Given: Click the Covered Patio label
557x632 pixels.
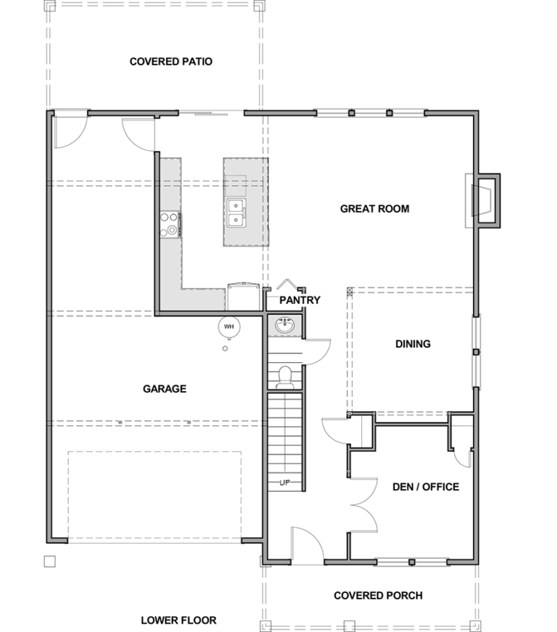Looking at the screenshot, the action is (170, 62).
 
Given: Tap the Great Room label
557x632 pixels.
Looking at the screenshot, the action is (374, 209).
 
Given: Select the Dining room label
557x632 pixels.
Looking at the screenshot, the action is (413, 344).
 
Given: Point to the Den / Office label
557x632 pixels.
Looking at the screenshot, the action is (426, 487).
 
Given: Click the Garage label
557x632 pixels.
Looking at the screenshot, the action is (165, 389).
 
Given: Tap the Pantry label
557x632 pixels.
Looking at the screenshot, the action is (300, 300).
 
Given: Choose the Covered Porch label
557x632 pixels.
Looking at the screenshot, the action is (378, 596).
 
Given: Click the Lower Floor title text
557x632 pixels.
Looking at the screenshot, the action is (178, 620).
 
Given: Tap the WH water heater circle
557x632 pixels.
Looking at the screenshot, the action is (228, 327).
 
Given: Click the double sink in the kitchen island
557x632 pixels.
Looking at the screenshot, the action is (236, 213).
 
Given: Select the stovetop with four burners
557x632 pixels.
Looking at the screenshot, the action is (170, 224).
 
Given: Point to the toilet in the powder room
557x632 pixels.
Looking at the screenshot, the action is (285, 377).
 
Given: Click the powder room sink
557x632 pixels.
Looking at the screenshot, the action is (285, 326).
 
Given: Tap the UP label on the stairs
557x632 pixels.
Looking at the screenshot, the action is (285, 483).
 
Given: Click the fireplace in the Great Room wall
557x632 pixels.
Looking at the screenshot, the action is (482, 201).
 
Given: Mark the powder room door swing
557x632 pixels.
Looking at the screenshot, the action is (316, 352).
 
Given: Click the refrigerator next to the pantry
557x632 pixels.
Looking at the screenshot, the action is (243, 297).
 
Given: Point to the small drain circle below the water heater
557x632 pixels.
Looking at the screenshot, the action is (225, 348).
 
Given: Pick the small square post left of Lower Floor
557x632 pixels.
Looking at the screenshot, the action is (49, 562).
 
